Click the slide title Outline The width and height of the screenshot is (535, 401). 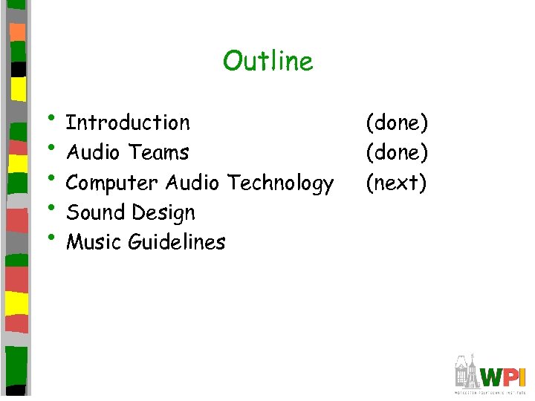(267, 61)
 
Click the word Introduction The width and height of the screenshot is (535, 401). (128, 123)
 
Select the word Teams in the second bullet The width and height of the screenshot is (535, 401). (158, 152)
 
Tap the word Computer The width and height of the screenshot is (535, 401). (112, 183)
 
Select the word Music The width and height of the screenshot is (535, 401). (94, 242)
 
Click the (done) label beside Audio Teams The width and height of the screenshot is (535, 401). (396, 153)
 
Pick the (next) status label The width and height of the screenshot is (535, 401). (395, 183)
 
